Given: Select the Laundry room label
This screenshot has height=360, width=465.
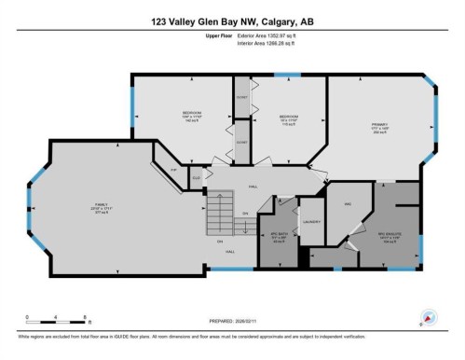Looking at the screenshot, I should (312, 221).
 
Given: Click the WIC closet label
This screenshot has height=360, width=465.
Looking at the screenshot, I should (347, 202).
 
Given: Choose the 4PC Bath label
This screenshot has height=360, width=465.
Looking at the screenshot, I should (276, 234).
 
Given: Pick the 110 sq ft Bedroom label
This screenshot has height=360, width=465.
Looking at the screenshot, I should (288, 118).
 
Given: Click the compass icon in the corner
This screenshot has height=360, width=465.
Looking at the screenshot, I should (429, 316).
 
